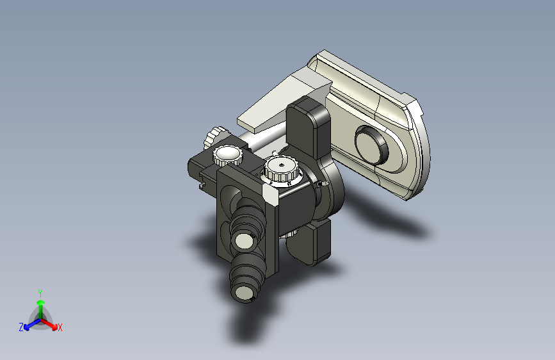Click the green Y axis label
point(40,293)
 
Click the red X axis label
point(60,328)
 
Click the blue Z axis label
point(21,327)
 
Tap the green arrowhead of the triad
point(41,302)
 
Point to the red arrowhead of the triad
point(54,326)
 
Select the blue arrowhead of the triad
point(26,326)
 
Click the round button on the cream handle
point(371,145)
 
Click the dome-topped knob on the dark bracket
point(228,156)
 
